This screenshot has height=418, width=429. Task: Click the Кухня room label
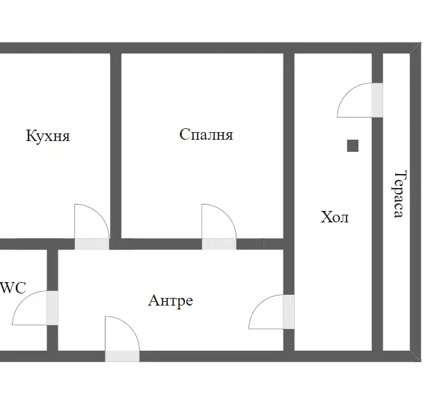click(48, 135)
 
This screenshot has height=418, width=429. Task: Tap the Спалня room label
click(207, 135)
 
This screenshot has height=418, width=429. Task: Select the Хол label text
click(334, 217)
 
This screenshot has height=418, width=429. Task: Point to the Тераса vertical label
click(399, 194)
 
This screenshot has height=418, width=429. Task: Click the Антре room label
click(170, 300)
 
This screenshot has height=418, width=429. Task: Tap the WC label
click(13, 288)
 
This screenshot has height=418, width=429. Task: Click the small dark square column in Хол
click(353, 145)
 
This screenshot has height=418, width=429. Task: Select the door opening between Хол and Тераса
click(378, 100)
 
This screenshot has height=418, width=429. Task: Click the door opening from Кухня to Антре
click(92, 244)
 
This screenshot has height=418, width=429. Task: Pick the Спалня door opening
click(219, 244)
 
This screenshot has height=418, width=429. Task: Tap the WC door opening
click(53, 308)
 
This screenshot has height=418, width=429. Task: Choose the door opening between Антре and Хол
click(289, 312)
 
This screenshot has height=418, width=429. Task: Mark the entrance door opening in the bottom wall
click(122, 356)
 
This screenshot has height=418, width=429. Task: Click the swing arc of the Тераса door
click(347, 93)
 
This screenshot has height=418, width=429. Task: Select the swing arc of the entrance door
click(130, 327)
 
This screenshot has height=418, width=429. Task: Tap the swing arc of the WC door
click(22, 300)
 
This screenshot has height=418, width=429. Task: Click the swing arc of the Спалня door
click(226, 214)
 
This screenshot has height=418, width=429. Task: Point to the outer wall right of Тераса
click(416, 202)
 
